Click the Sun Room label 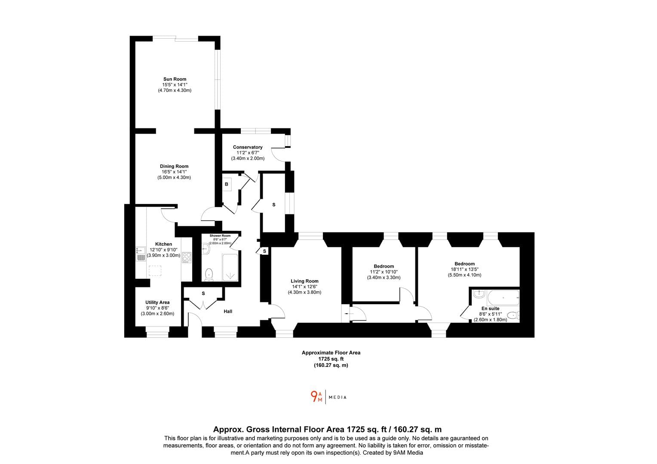pyautogui.click(x=175, y=79)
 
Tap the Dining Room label pyautogui.click(x=174, y=166)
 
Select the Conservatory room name pyautogui.click(x=248, y=147)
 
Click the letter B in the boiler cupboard pyautogui.click(x=227, y=184)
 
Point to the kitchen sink pyautogui.click(x=141, y=254)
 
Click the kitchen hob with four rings pyautogui.click(x=187, y=258)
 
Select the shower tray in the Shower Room pyautogui.click(x=230, y=267)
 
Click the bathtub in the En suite pyautogui.click(x=503, y=298)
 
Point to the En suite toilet pyautogui.click(x=513, y=315)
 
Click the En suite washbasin pyautogui.click(x=479, y=294)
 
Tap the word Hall pyautogui.click(x=228, y=311)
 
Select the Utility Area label pyautogui.click(x=157, y=302)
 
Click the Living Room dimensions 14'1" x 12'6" pyautogui.click(x=304, y=287)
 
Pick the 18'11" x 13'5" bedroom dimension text pyautogui.click(x=465, y=269)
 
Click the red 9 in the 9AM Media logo pyautogui.click(x=314, y=396)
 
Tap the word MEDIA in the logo pyautogui.click(x=338, y=397)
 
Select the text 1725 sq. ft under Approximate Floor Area pyautogui.click(x=331, y=359)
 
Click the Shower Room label pyautogui.click(x=220, y=236)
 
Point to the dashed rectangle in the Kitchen pyautogui.click(x=155, y=271)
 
